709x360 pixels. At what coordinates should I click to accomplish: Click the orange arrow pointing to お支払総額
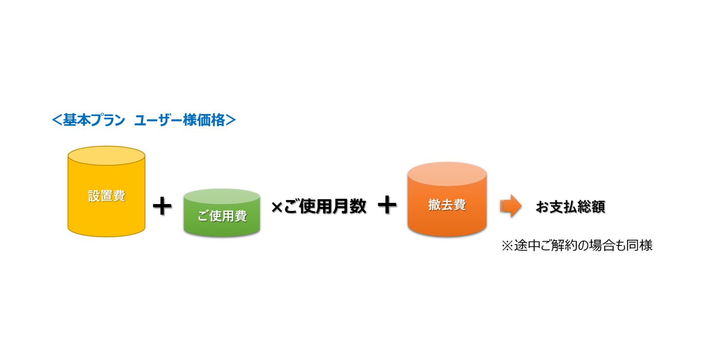click(x=511, y=206)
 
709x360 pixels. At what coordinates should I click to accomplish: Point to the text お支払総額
click(x=570, y=207)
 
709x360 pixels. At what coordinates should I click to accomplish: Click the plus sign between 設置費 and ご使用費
click(x=162, y=206)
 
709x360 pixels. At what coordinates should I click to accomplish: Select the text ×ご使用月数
click(x=319, y=207)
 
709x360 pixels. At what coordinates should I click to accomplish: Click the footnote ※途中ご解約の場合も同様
click(x=576, y=246)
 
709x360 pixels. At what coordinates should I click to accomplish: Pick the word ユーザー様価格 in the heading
click(x=180, y=120)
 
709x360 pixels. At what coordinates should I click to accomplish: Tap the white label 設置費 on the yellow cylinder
click(x=106, y=196)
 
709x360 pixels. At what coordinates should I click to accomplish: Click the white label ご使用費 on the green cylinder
click(x=222, y=216)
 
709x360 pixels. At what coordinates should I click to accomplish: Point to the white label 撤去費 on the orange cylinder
click(x=447, y=205)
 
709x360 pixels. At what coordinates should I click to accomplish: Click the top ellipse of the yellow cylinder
click(x=106, y=156)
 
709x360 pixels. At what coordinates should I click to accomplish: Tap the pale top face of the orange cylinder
click(x=447, y=173)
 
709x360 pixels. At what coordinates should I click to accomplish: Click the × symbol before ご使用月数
click(x=276, y=207)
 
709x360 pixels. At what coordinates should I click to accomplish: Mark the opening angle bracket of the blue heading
click(x=57, y=120)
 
